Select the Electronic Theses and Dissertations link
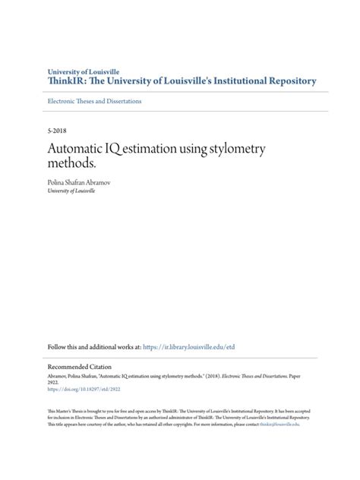(x=93, y=101)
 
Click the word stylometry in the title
(x=233, y=149)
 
